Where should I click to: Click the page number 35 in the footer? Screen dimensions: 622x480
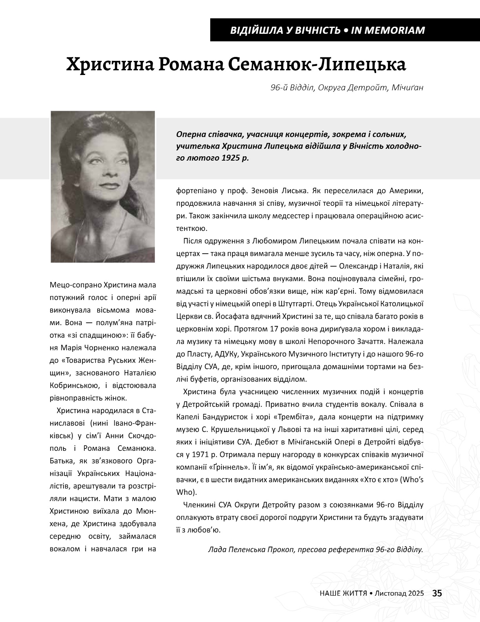pos(437,593)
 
